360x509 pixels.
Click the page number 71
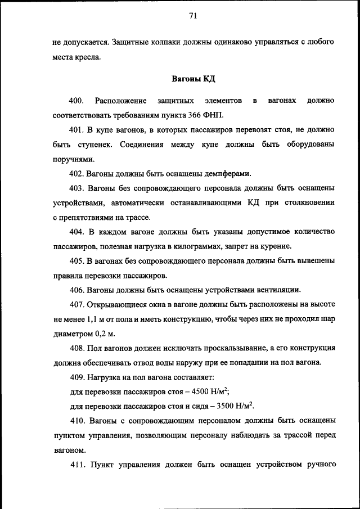(192, 16)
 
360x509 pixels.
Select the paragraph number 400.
(76, 101)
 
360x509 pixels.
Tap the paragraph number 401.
(77, 130)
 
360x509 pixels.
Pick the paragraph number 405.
(77, 261)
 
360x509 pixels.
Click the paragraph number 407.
(77, 304)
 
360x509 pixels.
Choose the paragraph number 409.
(77, 377)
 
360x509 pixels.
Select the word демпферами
(227, 174)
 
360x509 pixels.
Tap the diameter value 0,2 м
(104, 334)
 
